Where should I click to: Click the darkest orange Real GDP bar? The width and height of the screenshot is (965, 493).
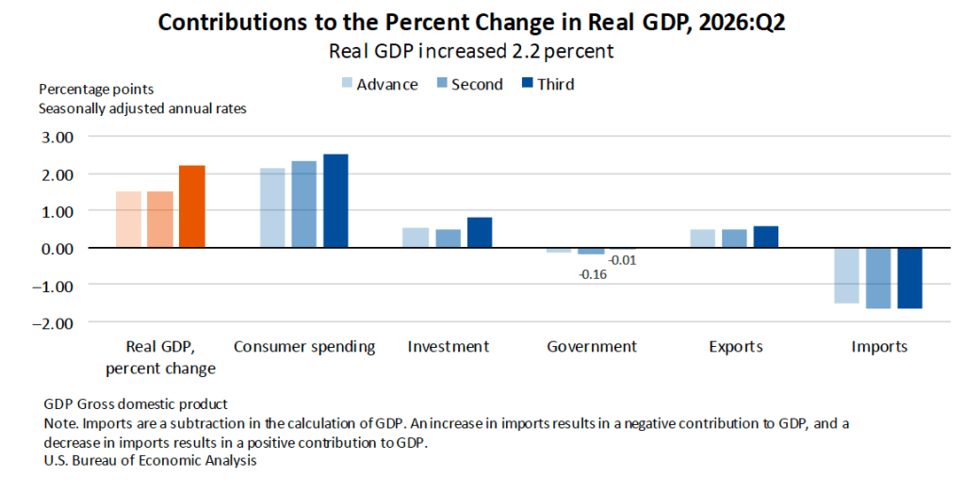coord(192,206)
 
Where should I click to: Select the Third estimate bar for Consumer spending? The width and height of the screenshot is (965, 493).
coord(335,202)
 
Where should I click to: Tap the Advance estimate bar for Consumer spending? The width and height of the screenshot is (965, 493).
coord(272,208)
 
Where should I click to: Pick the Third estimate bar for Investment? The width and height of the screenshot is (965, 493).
coord(480,233)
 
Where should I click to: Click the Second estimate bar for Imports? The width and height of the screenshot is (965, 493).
coord(878,278)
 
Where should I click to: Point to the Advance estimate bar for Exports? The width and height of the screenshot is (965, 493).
coord(703,238)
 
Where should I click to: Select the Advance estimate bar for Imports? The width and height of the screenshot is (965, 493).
coord(847,276)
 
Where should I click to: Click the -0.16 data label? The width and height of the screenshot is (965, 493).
coord(593,274)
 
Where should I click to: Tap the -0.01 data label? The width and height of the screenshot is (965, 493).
coord(622,260)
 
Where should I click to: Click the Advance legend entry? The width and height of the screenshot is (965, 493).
coord(381,84)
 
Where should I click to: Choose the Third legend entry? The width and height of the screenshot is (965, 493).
coord(548,84)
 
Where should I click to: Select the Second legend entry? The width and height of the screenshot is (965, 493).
coord(470,84)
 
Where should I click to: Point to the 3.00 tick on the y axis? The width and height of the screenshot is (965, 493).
coord(57,137)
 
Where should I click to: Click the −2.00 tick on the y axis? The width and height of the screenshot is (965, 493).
coord(53,322)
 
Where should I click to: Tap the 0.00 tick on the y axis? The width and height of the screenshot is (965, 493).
coord(57,248)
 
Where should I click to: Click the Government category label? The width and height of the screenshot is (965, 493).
coord(592,347)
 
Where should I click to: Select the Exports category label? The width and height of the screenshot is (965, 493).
coord(735,347)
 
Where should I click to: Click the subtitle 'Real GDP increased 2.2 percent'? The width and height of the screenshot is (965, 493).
coord(471,51)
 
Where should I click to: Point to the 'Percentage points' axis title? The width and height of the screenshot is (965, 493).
coord(97,90)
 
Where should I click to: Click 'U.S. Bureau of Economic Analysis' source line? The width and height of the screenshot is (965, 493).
coord(150,460)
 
